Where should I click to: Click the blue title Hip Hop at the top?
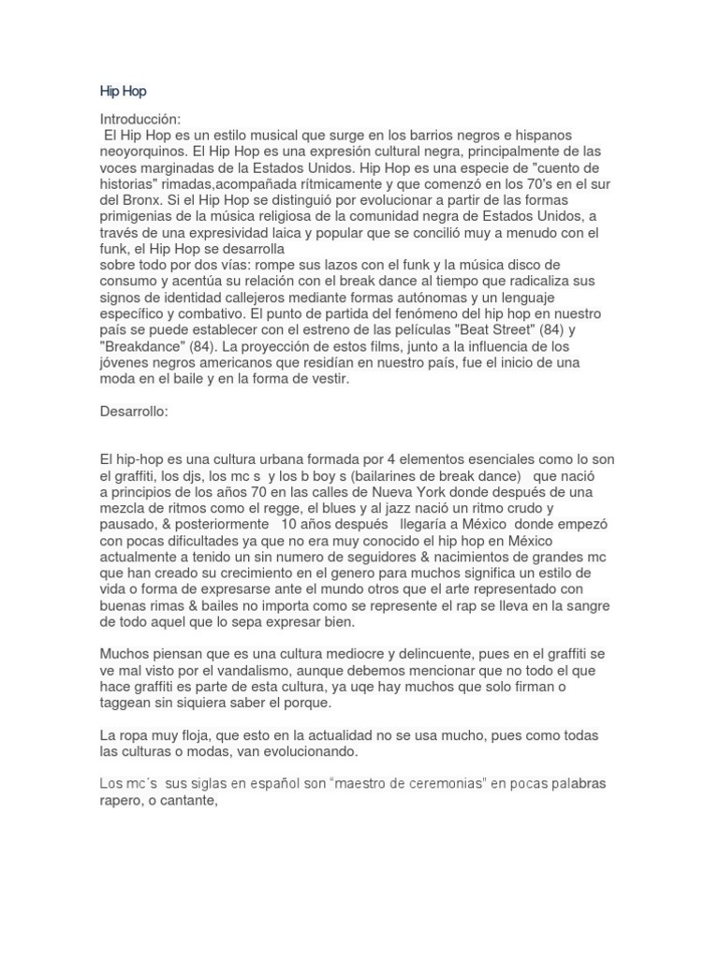[x=123, y=92]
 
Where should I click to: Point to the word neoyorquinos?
[x=142, y=151]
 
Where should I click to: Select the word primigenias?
[x=139, y=216]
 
